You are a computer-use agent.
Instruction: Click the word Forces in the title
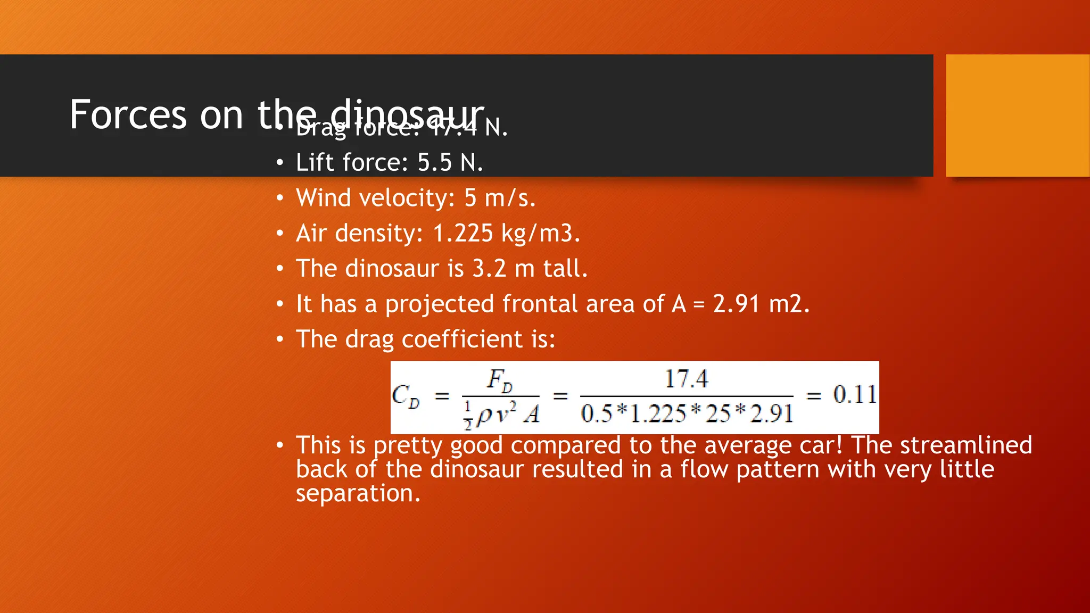(128, 115)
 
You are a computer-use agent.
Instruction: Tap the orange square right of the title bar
(1017, 115)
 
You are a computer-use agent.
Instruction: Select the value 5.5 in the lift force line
(434, 163)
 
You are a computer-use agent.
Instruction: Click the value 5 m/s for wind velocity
(499, 198)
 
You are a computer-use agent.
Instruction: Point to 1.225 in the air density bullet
(463, 234)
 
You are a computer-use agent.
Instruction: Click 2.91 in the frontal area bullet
(736, 304)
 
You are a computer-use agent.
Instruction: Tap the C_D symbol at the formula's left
(406, 396)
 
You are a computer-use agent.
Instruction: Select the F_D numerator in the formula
(500, 380)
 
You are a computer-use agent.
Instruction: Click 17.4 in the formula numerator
(686, 379)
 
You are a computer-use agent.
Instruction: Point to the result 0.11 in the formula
(854, 395)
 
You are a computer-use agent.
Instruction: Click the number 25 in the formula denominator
(718, 413)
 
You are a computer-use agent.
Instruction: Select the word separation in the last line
(358, 494)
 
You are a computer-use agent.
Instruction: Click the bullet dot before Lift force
(280, 163)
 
